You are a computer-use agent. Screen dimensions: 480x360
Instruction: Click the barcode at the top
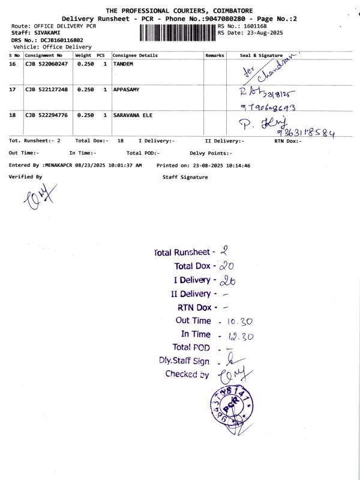177,32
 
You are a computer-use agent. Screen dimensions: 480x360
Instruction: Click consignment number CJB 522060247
46,63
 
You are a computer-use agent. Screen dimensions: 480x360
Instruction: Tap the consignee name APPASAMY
126,89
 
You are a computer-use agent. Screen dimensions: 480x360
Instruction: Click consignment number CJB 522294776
46,115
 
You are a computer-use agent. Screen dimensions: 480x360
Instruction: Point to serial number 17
12,89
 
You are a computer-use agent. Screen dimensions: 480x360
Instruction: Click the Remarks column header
214,55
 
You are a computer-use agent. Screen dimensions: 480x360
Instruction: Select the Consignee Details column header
136,55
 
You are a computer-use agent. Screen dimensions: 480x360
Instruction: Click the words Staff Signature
185,177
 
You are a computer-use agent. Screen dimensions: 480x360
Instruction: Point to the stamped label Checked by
187,374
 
